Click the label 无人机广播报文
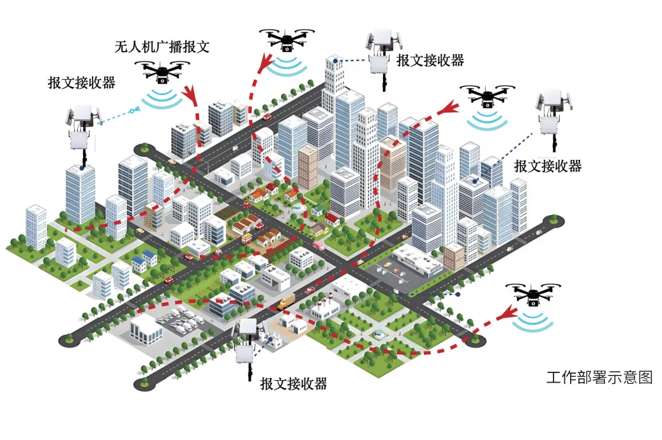tap(162, 47)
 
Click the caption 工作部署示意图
tap(599, 377)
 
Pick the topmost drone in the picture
tap(287, 40)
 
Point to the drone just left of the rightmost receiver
tap(488, 96)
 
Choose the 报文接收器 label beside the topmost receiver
tap(430, 61)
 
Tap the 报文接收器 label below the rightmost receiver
tap(548, 166)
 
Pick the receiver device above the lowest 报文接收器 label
tap(247, 344)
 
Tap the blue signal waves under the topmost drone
tap(287, 66)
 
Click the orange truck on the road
tap(287, 300)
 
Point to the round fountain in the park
tap(380, 334)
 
